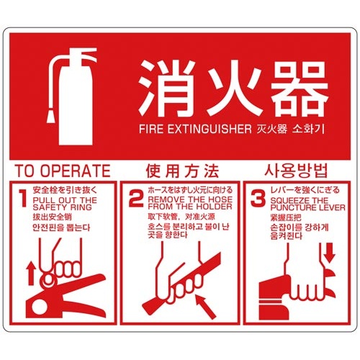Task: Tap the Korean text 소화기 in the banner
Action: click(308, 129)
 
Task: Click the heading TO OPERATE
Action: click(63, 171)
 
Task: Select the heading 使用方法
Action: click(182, 171)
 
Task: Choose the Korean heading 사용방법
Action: click(296, 171)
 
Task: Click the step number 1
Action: click(23, 198)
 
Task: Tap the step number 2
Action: click(136, 198)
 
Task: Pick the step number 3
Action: click(258, 198)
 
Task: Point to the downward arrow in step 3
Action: click(330, 253)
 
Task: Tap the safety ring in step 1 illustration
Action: click(49, 280)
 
